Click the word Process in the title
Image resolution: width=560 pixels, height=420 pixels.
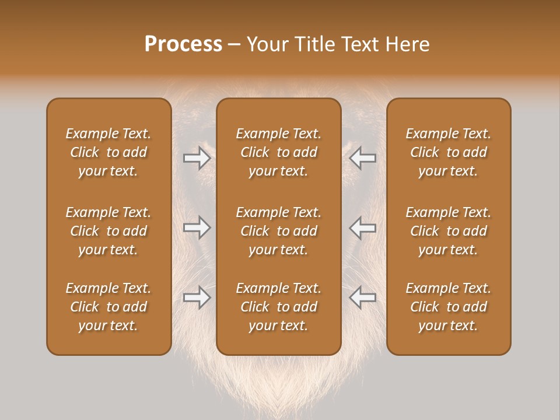tap(183, 44)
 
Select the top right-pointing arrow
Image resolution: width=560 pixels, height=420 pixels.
tap(197, 158)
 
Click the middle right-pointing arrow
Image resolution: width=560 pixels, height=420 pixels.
tap(197, 228)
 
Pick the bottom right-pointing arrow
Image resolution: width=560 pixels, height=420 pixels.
tap(197, 297)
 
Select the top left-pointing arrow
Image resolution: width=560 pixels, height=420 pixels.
tap(363, 158)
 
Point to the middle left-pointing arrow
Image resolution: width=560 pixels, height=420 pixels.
tap(363, 228)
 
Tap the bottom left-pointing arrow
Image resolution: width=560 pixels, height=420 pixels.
tap(363, 297)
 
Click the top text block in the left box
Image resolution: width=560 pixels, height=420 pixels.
tap(108, 152)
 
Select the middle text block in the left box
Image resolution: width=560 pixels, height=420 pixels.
tap(108, 231)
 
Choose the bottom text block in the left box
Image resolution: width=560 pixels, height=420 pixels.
tap(108, 307)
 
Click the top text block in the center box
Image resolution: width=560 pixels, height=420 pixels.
tap(279, 152)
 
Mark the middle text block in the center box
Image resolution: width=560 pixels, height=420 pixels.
tap(279, 231)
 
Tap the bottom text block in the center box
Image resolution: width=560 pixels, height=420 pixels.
tap(279, 307)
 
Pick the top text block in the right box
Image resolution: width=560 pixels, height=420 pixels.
tap(449, 152)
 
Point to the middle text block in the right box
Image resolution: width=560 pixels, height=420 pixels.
tap(449, 231)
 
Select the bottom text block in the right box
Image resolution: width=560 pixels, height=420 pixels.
tap(449, 307)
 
